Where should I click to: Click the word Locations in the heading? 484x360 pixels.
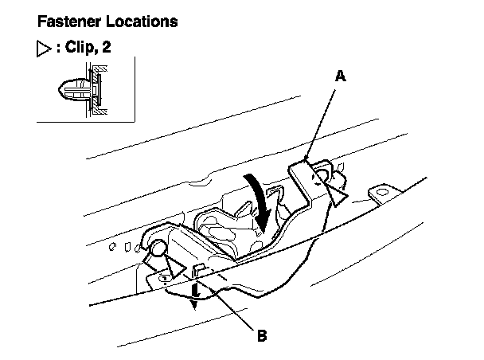coord(140,22)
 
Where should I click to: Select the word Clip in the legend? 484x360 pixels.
coord(76,48)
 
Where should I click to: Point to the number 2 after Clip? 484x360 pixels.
coord(107,48)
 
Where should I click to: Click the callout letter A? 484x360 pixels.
coord(340,76)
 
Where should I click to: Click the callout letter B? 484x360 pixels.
coord(260,335)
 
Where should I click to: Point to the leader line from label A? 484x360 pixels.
coord(322,119)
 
